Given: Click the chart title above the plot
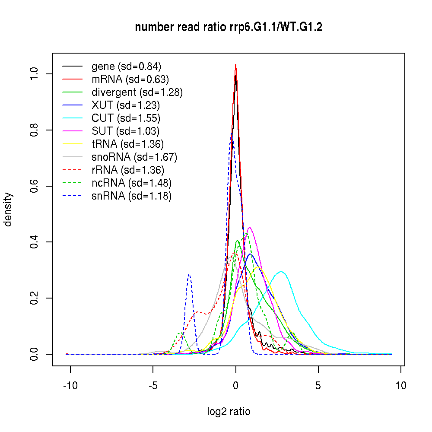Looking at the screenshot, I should click(229, 28).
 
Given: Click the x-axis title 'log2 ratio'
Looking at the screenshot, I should click(229, 412).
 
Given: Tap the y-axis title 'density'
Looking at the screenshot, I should click(8, 210).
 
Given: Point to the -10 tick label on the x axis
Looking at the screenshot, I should click(70, 386).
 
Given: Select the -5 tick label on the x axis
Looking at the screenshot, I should click(152, 386).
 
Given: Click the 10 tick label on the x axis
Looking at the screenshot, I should click(401, 386).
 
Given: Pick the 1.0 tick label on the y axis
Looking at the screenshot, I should click(34, 74).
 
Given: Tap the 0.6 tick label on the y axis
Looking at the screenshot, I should click(34, 186).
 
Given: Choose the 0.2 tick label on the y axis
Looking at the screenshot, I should click(34, 298).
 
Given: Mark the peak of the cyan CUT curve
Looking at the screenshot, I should click(281, 272).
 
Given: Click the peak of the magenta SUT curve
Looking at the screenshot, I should click(249, 227).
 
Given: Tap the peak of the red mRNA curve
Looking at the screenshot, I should click(235, 65).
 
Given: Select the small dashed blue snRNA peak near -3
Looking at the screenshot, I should click(189, 274).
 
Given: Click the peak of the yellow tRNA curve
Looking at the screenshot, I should click(258, 267).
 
